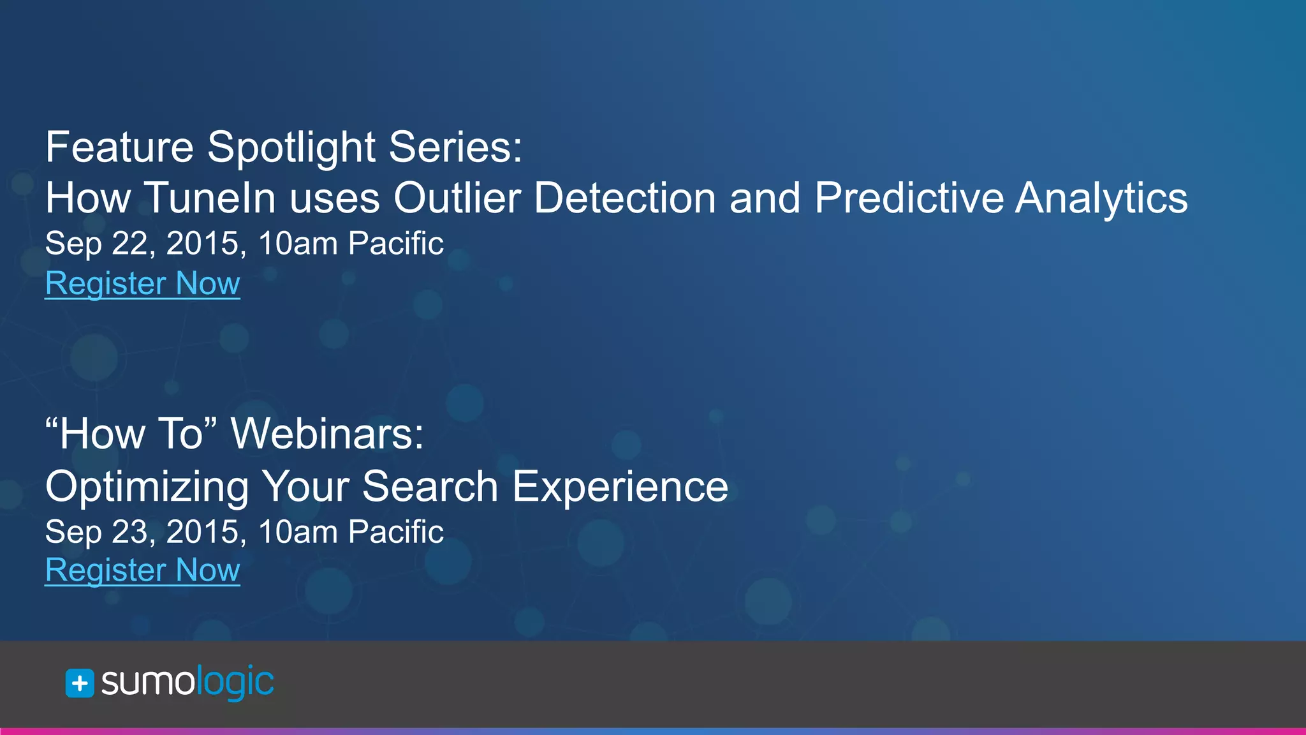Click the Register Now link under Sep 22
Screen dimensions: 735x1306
pyautogui.click(x=142, y=283)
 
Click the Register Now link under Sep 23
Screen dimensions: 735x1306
pyautogui.click(x=142, y=570)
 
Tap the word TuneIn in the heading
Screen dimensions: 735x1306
pyautogui.click(x=210, y=198)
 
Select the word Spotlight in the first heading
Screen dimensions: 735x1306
pyautogui.click(x=291, y=148)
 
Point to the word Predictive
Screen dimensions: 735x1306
pyautogui.click(x=907, y=198)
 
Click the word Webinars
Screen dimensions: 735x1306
pyautogui.click(x=326, y=434)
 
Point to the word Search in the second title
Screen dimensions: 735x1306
pyautogui.click(x=430, y=487)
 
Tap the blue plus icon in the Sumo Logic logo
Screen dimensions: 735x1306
pyautogui.click(x=80, y=683)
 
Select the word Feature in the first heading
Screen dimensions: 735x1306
pyautogui.click(x=119, y=148)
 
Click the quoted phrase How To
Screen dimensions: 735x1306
pyautogui.click(x=131, y=434)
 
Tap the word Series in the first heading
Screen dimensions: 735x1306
pyautogui.click(x=455, y=148)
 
